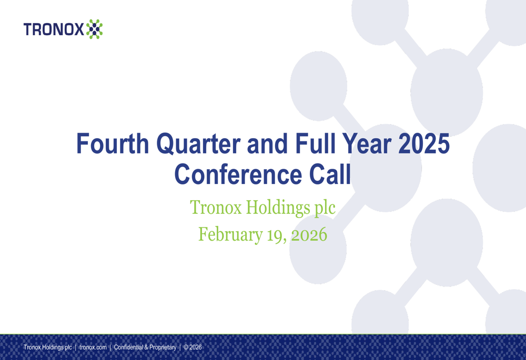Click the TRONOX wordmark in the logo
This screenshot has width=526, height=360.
(x=54, y=29)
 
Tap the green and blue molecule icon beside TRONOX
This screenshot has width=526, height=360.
(x=94, y=29)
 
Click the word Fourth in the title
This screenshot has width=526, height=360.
(x=113, y=143)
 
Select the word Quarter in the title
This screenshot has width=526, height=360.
(x=198, y=145)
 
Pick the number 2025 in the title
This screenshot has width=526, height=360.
(x=424, y=143)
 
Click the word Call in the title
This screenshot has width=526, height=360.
(x=330, y=174)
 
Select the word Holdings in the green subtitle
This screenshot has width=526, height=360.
(x=278, y=207)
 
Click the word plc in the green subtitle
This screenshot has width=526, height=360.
(x=325, y=208)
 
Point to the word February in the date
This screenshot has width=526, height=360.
(x=230, y=234)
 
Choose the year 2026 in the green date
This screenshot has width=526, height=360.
(x=309, y=234)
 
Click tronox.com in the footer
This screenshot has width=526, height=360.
(x=93, y=347)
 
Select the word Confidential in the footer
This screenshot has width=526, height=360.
(x=128, y=347)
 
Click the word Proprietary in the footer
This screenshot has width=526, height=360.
(x=163, y=347)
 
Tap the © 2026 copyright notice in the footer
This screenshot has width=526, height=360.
(x=193, y=347)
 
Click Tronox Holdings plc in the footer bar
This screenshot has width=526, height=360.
(x=48, y=347)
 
